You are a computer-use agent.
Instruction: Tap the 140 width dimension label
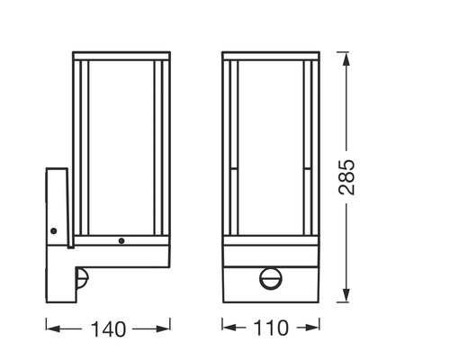pyautogui.click(x=108, y=328)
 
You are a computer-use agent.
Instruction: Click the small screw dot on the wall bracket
pyautogui.click(x=55, y=230)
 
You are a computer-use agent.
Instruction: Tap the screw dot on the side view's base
pyautogui.click(x=121, y=241)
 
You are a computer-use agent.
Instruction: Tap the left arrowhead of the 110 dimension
pyautogui.click(x=226, y=328)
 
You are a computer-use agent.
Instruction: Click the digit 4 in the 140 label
pyautogui.click(x=108, y=328)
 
